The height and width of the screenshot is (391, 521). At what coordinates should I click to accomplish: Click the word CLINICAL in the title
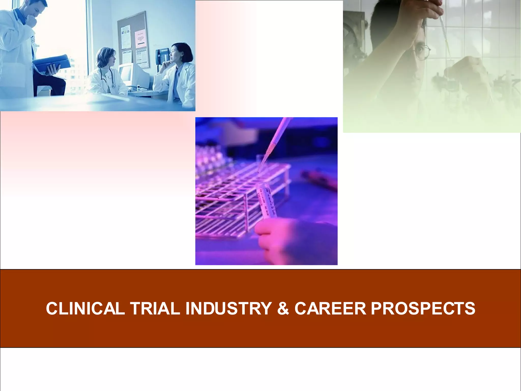pos(85,309)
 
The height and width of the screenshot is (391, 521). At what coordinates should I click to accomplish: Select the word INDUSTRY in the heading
pos(228,309)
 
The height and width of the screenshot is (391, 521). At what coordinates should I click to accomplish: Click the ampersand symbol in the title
pos(283,309)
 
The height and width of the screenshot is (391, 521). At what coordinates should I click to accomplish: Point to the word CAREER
pos(330,309)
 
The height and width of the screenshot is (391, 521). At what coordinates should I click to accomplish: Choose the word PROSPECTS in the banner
pos(423,309)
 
